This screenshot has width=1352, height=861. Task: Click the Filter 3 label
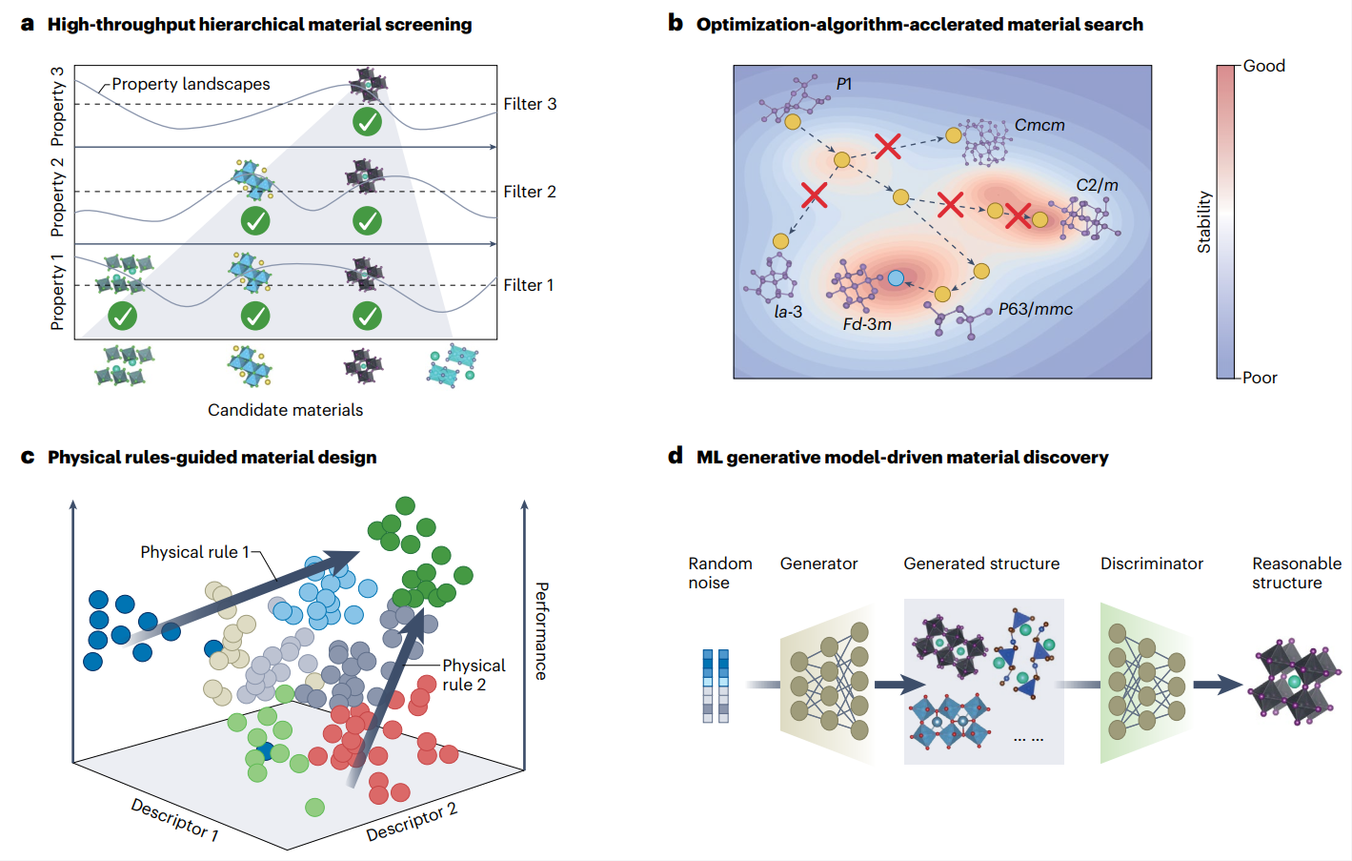pos(530,104)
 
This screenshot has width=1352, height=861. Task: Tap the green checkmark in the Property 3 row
pos(367,122)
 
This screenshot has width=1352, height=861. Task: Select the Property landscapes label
pos(191,84)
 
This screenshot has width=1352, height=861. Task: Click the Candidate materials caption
pos(285,410)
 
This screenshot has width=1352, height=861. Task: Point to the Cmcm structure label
pos(1039,125)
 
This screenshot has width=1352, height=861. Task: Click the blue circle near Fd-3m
pos(896,278)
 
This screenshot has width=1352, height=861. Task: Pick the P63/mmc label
pos(1036,309)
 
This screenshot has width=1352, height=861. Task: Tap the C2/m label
pos(1097,185)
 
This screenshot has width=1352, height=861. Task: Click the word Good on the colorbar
pos(1264,66)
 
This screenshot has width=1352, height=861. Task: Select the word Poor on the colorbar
pos(1260,378)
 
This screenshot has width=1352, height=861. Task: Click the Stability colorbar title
pos(1204,222)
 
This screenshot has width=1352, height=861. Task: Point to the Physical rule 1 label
pos(194,552)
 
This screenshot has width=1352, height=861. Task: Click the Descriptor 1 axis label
pos(174,819)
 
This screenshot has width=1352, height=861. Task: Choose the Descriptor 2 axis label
pos(412,821)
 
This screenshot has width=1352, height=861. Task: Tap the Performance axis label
pos(541,630)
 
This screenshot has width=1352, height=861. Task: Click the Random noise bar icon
pos(716,686)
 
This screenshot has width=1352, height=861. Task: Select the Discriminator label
pos(1151,564)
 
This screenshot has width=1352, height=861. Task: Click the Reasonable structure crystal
pos(1294,682)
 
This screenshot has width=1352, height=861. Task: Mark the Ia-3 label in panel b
pos(788,312)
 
